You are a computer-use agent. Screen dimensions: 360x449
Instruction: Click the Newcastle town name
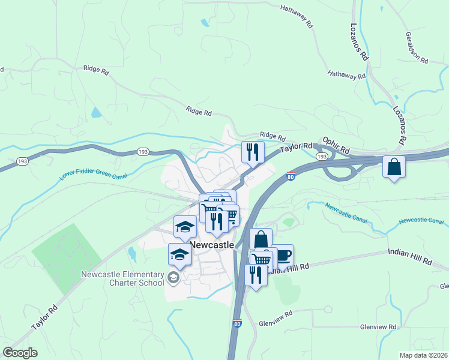(x=212, y=245)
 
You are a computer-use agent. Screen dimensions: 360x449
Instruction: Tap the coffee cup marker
(x=283, y=256)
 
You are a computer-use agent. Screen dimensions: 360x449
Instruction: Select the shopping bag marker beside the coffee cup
(x=261, y=239)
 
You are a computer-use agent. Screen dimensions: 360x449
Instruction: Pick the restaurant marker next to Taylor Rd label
(x=253, y=152)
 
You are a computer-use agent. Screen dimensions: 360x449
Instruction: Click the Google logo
(x=20, y=353)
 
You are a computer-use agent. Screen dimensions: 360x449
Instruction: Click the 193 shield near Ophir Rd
(x=322, y=157)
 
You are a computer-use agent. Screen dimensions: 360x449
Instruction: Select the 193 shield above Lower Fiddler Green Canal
(x=143, y=152)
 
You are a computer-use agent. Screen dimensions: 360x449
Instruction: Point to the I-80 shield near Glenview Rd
(x=238, y=323)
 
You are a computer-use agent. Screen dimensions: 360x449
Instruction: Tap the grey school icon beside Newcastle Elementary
(x=173, y=277)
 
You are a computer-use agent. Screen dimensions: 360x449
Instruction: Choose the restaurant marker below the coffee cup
(x=256, y=275)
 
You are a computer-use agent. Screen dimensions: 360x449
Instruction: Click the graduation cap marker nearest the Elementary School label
(x=179, y=254)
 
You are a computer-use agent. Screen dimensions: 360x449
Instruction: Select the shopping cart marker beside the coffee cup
(x=262, y=259)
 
